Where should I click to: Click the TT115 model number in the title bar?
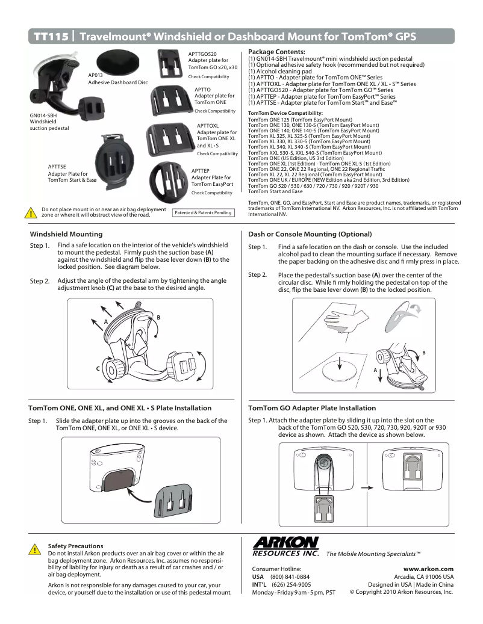(x=51, y=36)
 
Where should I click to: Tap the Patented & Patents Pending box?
(x=203, y=212)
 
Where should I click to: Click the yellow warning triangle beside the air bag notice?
(x=30, y=212)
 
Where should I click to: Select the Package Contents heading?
(x=276, y=52)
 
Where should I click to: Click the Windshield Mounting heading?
(x=66, y=234)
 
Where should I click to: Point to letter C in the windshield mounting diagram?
(x=97, y=368)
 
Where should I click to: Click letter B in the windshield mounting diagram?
(x=158, y=317)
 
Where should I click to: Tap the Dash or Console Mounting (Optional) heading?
(x=310, y=234)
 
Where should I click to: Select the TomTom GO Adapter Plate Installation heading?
(x=312, y=408)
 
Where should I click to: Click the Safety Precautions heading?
(x=75, y=546)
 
